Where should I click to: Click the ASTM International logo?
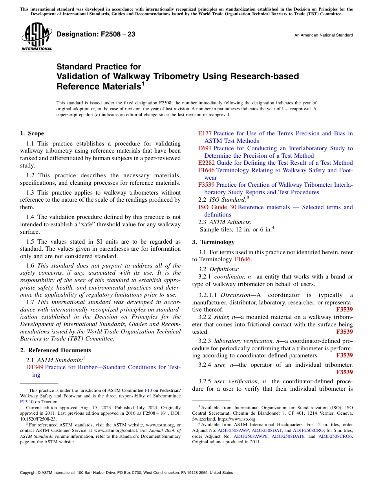coord(37,37)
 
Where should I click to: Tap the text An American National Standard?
coord(323,35)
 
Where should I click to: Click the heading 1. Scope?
coord(32,133)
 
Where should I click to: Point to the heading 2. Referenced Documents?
coord(56,350)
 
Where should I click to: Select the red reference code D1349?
coord(35,367)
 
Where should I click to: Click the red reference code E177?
coord(205,133)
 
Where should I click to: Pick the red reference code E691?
coord(205,148)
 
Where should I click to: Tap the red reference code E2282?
coord(207,163)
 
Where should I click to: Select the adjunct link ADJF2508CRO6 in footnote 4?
coord(335,436)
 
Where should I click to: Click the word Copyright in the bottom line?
coord(29,473)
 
